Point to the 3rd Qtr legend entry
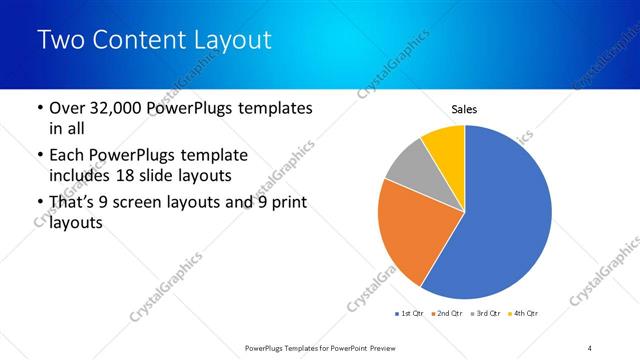486,314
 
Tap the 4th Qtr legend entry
524,314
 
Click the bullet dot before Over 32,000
38,108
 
